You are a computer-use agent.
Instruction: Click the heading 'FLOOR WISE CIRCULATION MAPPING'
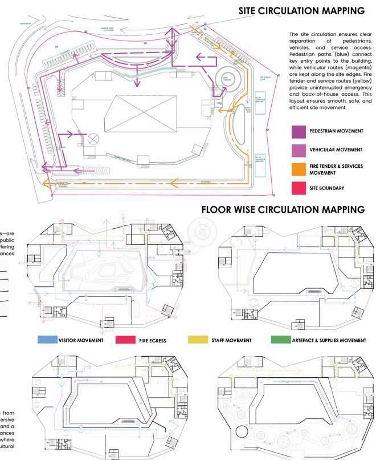283,210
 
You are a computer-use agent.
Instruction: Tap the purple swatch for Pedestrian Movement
299,131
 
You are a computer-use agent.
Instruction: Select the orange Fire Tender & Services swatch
299,169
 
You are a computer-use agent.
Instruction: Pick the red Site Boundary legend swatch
299,188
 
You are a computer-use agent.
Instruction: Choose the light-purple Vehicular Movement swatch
299,150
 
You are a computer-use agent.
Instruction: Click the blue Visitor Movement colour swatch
47,340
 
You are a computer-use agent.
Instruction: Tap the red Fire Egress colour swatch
125,340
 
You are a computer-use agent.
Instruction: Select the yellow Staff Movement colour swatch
197,340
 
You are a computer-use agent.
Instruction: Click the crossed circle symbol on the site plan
93,139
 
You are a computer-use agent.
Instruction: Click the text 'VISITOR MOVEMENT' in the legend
81,340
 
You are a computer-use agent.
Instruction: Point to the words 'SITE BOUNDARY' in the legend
326,188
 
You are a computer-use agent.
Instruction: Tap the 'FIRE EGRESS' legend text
152,341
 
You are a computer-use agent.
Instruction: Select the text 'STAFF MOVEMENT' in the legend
231,340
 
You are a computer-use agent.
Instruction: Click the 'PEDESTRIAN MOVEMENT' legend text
336,131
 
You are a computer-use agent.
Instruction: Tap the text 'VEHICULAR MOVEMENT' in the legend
336,150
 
